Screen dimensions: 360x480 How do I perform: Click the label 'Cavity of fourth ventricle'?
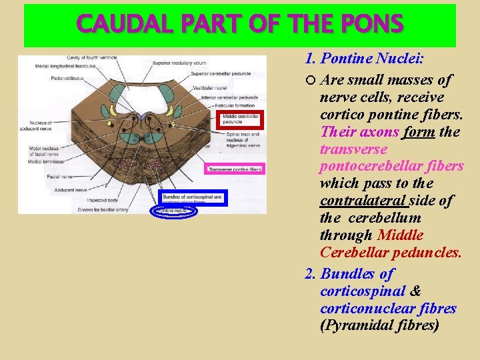pos(92,58)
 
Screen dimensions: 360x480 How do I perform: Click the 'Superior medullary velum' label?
pos(178,63)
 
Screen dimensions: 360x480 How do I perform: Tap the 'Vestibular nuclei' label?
pos(211,87)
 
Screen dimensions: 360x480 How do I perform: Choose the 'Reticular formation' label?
pos(235,106)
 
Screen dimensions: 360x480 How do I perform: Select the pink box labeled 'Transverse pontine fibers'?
pos(235,169)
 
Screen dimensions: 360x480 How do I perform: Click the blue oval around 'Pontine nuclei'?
pos(175,211)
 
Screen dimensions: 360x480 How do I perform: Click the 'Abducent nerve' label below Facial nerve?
pos(64,189)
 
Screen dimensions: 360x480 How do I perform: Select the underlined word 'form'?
pos(419,131)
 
